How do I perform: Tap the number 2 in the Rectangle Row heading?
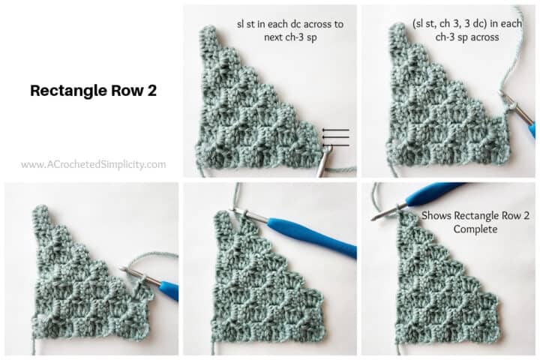pos(151,91)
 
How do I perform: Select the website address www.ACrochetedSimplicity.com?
pos(93,164)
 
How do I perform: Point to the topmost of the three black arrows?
pos(334,130)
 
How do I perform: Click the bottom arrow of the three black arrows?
pos(334,144)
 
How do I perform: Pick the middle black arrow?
pos(334,137)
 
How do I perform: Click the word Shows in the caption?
pos(438,214)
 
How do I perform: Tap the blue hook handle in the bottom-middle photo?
pos(312,235)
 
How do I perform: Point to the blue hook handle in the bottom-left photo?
pos(169,289)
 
